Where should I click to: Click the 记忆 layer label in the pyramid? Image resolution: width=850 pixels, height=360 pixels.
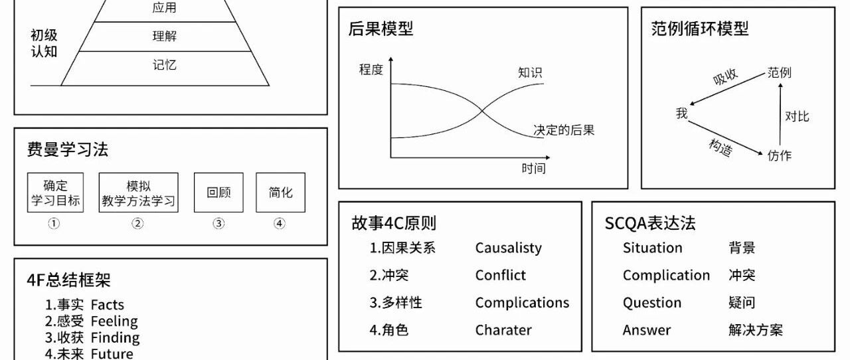(165, 65)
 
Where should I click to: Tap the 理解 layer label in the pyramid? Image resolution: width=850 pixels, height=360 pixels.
(165, 36)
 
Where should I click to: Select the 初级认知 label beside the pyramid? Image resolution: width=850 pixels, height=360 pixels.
(44, 43)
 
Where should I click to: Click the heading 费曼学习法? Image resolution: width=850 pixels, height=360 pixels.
(68, 149)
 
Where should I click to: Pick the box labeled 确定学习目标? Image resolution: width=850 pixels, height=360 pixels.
(56, 193)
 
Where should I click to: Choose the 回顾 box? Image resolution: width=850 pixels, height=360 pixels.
(218, 193)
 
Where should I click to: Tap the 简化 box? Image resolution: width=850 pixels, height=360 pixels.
(280, 193)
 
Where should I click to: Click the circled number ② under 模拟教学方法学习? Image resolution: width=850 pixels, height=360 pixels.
(137, 224)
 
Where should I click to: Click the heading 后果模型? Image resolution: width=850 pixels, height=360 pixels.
(381, 29)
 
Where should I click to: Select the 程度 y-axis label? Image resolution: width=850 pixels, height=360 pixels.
(371, 69)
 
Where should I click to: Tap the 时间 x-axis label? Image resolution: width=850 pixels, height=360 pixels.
(533, 169)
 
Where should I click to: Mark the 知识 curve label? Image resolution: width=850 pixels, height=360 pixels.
(530, 72)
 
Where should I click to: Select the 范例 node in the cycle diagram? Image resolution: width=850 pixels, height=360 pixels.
(780, 72)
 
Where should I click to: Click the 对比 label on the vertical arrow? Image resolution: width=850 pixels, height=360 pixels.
(797, 116)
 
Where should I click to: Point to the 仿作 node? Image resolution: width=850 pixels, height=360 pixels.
(780, 155)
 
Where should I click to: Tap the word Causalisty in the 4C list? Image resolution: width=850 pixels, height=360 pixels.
(509, 248)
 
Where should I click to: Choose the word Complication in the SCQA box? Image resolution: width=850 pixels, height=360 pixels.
(666, 275)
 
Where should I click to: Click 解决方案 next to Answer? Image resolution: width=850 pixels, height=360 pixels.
(756, 330)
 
